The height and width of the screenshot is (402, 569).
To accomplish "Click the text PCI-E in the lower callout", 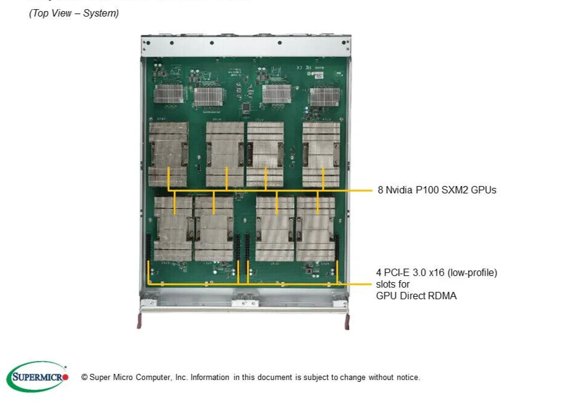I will click(x=395, y=273).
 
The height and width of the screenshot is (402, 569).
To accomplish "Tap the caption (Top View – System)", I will click(x=74, y=13).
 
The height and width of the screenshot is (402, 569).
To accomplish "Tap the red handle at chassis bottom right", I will click(x=348, y=320).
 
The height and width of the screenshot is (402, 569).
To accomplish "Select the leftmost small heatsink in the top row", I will click(x=169, y=94).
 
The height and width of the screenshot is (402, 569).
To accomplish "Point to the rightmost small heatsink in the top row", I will click(x=324, y=97).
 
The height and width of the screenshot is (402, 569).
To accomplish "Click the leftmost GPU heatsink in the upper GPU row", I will click(x=168, y=154).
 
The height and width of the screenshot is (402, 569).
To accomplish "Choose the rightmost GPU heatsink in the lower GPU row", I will click(x=315, y=228).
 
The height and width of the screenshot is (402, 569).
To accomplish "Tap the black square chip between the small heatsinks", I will click(x=246, y=108).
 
